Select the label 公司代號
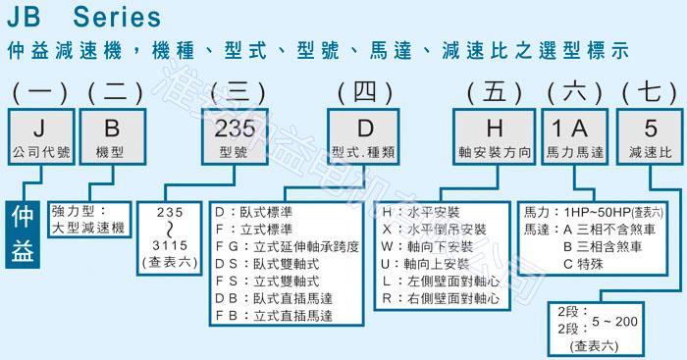[x=38, y=155]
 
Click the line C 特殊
[x=593, y=264]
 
